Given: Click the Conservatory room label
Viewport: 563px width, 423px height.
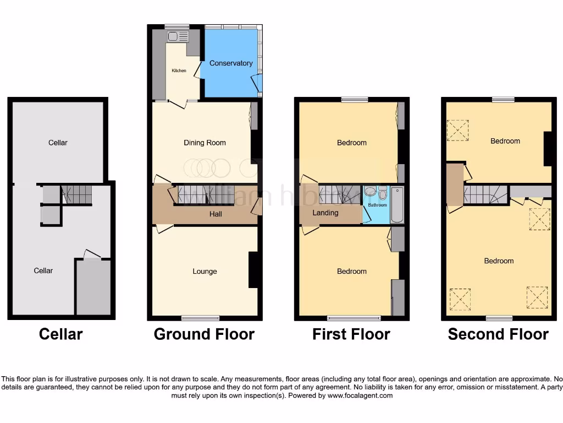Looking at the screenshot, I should pyautogui.click(x=231, y=63).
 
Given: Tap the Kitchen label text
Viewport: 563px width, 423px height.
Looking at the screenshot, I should pyautogui.click(x=179, y=70).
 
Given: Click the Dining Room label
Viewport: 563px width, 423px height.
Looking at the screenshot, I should pyautogui.click(x=205, y=143).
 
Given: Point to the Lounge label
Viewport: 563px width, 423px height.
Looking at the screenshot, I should pyautogui.click(x=205, y=271).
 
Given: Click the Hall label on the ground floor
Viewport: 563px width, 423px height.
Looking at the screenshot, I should pyautogui.click(x=216, y=214).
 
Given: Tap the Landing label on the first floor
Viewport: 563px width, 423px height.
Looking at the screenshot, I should pyautogui.click(x=325, y=213).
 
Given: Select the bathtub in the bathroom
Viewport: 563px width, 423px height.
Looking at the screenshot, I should pyautogui.click(x=397, y=204).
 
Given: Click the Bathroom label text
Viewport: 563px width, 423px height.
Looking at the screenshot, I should pyautogui.click(x=377, y=205).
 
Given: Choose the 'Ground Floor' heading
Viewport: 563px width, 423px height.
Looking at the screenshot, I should pyautogui.click(x=204, y=334).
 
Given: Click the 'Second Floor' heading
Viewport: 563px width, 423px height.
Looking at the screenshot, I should pyautogui.click(x=498, y=334).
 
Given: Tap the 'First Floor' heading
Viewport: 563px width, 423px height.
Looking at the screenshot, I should pyautogui.click(x=351, y=334).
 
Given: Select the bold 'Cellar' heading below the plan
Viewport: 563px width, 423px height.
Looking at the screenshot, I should pyautogui.click(x=60, y=334).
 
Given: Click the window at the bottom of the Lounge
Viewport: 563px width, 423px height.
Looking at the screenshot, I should pyautogui.click(x=201, y=317).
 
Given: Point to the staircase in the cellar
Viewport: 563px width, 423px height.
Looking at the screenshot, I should pyautogui.click(x=76, y=194).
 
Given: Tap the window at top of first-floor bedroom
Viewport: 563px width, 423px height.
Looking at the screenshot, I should pyautogui.click(x=354, y=100).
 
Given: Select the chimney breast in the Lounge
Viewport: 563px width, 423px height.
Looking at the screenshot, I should pyautogui.click(x=253, y=270).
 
